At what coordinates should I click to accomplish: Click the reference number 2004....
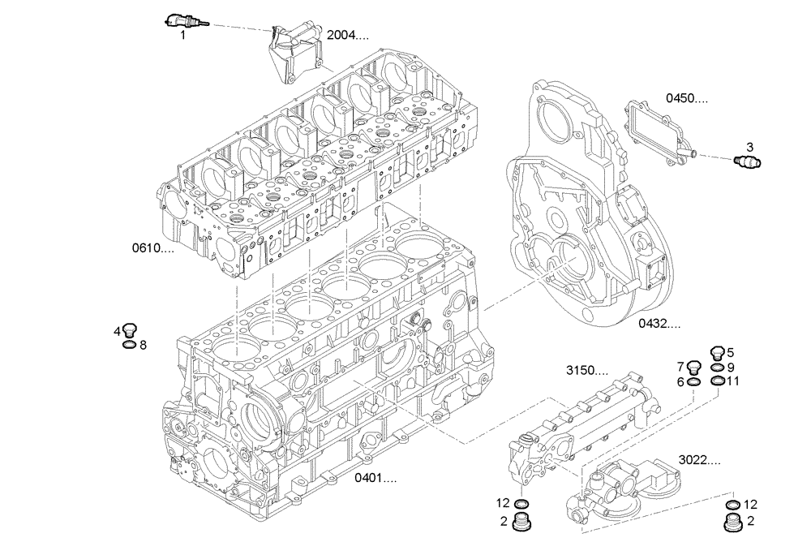[347, 36]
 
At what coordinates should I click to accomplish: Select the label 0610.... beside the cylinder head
[153, 247]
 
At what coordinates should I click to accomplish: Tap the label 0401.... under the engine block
[375, 478]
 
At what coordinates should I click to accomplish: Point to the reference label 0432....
[659, 323]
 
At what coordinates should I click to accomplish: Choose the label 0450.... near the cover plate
[686, 99]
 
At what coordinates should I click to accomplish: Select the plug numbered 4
[130, 329]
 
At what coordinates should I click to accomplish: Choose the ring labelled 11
[717, 381]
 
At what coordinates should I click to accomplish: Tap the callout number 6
[681, 382]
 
